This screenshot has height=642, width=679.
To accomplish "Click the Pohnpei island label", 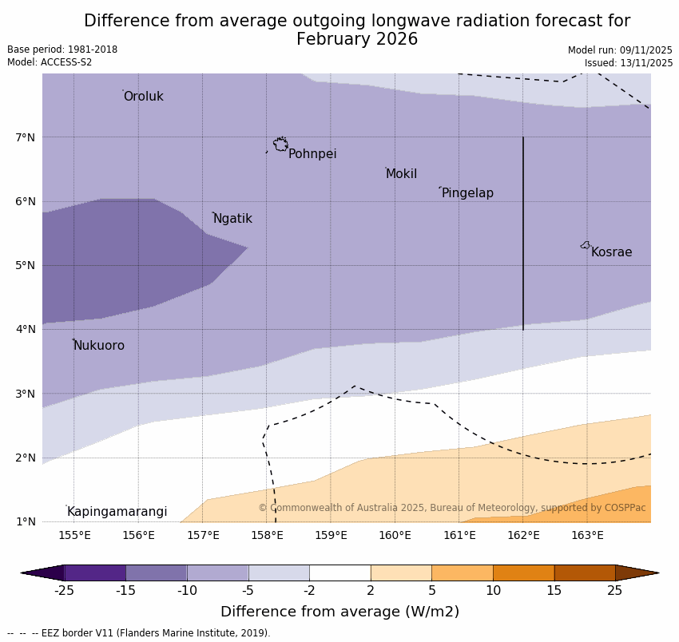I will click(x=312, y=154).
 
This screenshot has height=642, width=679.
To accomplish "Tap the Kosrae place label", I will click(x=611, y=252).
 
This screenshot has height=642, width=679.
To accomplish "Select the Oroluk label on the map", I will click(x=143, y=97).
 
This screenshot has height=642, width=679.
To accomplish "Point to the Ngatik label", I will click(x=232, y=219).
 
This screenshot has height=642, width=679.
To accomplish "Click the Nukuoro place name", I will click(x=99, y=346).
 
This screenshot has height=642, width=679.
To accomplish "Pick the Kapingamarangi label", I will click(x=117, y=512).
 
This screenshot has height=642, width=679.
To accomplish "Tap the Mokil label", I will click(x=401, y=174).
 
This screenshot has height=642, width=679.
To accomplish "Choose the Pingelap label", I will click(x=467, y=193).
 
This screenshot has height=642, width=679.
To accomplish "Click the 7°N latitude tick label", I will click(x=26, y=137).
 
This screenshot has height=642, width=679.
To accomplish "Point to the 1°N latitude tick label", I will click(x=26, y=521).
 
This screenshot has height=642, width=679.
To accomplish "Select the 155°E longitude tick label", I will click(x=74, y=535).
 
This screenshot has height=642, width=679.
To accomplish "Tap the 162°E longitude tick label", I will click(x=523, y=535).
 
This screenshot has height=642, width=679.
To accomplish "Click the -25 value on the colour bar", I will click(x=64, y=591).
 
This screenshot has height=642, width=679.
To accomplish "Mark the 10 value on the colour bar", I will click(x=493, y=591).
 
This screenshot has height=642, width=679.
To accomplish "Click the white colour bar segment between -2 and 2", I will click(x=339, y=573).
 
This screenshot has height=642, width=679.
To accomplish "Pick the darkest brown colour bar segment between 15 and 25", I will click(x=584, y=573).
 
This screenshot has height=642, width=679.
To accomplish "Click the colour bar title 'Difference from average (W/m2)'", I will click(x=339, y=612).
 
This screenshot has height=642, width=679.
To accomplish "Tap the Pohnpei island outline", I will click(x=280, y=145).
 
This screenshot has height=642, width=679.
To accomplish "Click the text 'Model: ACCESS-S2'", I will click(x=50, y=62).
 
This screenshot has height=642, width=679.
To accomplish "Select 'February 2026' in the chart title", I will click(x=356, y=39).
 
